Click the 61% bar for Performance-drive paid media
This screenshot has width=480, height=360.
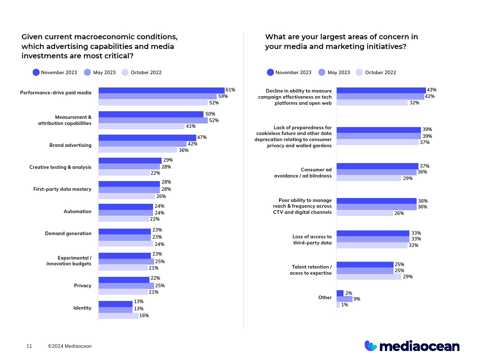coord(161,90)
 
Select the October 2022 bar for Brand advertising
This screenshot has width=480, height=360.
coord(138,150)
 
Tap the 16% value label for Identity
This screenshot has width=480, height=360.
coord(144,316)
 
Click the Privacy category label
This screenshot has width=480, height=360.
coord(82,285)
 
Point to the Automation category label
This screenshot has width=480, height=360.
coord(77,211)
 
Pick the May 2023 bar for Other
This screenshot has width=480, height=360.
coord(345,299)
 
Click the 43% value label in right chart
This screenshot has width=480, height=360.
coord(431,90)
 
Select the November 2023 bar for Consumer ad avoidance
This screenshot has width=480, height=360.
coord(377,166)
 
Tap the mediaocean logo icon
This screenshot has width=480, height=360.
coord(371,346)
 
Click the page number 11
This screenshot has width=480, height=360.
coord(29,346)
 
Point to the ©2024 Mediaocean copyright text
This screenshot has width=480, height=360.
coord(70,346)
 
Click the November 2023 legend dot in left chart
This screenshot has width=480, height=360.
coord(36,72)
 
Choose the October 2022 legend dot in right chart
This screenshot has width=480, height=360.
coord(359,72)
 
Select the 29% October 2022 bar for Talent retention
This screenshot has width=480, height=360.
coord(369,277)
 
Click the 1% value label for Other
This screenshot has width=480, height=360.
coord(345,305)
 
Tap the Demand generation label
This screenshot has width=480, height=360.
coord(68,233)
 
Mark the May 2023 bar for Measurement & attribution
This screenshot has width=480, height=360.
coord(153,121)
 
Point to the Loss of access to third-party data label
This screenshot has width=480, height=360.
coord(312,240)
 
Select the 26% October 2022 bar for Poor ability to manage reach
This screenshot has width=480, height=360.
coord(365,213)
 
